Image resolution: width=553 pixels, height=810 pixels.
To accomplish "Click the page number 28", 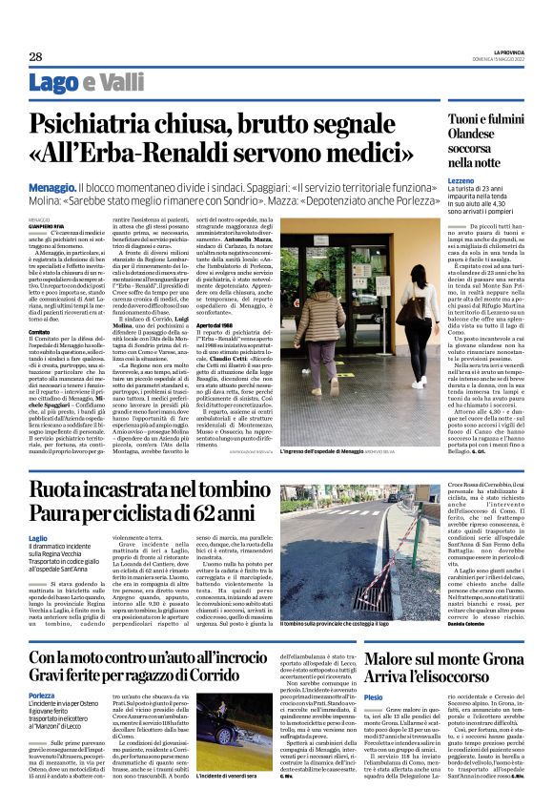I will click(x=34, y=56).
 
